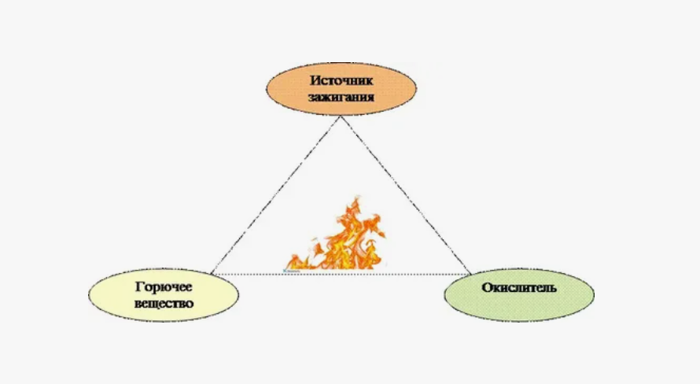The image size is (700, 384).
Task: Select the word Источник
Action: pos(340,79)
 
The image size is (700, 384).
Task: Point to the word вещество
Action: pos(164,303)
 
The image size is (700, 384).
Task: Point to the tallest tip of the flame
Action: pos(353,201)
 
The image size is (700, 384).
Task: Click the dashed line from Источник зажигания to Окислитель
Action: pos(405,194)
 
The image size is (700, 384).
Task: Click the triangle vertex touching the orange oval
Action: pos(340,116)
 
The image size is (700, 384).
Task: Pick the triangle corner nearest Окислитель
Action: pos(470,273)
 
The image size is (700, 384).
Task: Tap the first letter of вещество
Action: pos(138,303)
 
